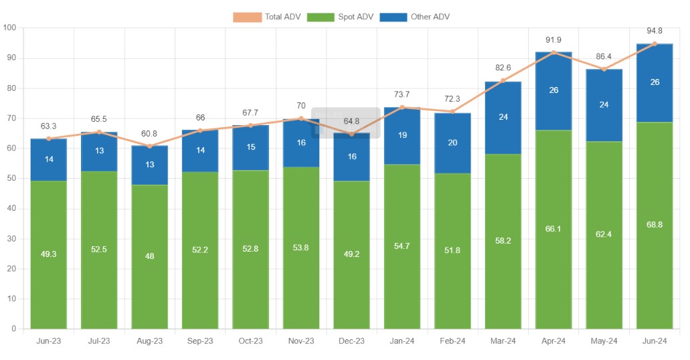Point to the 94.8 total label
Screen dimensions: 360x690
click(655, 31)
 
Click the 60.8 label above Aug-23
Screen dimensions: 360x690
click(150, 133)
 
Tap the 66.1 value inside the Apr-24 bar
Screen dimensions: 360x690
click(553, 229)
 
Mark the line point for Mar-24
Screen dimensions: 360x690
click(503, 81)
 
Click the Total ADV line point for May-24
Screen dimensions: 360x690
click(604, 70)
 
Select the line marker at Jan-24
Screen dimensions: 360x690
click(402, 107)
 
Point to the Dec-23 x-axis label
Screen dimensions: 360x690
click(352, 341)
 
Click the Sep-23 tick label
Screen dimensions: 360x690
click(200, 341)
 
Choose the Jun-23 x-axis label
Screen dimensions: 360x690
click(49, 341)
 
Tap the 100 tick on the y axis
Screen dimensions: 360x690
click(9, 28)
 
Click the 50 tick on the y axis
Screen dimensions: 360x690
click(11, 179)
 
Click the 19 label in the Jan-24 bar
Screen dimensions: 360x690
click(402, 135)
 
